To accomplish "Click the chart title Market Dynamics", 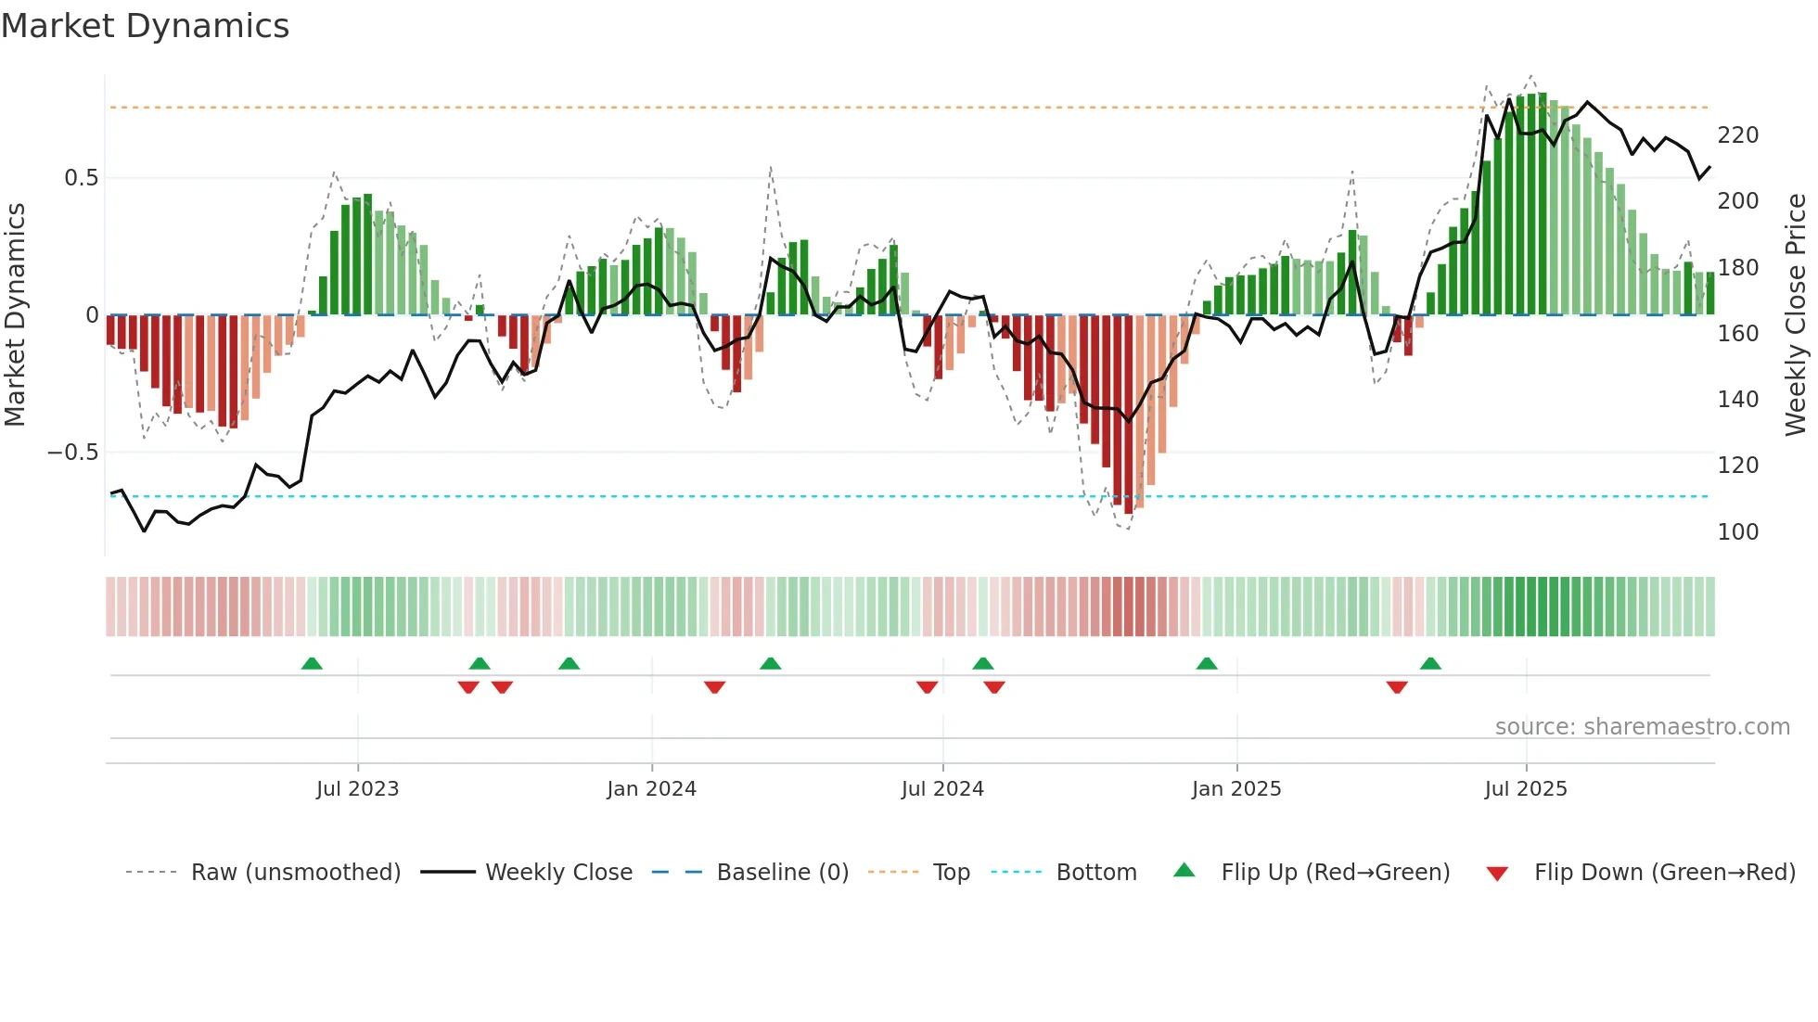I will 145,26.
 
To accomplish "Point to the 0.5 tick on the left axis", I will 81,178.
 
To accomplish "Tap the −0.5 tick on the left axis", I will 73,453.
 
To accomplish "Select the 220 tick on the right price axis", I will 1737,135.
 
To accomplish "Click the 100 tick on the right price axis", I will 1737,532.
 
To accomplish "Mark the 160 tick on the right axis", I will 1737,334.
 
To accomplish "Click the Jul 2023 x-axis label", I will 357,789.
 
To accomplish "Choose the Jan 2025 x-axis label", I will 1235,789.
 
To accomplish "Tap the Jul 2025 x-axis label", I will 1525,789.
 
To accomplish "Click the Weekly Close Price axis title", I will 1796,315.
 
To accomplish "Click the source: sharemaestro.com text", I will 1642,727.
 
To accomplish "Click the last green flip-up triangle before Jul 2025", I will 1430,664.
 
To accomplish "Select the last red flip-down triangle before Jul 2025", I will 1397,687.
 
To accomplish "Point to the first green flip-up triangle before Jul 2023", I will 312,664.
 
